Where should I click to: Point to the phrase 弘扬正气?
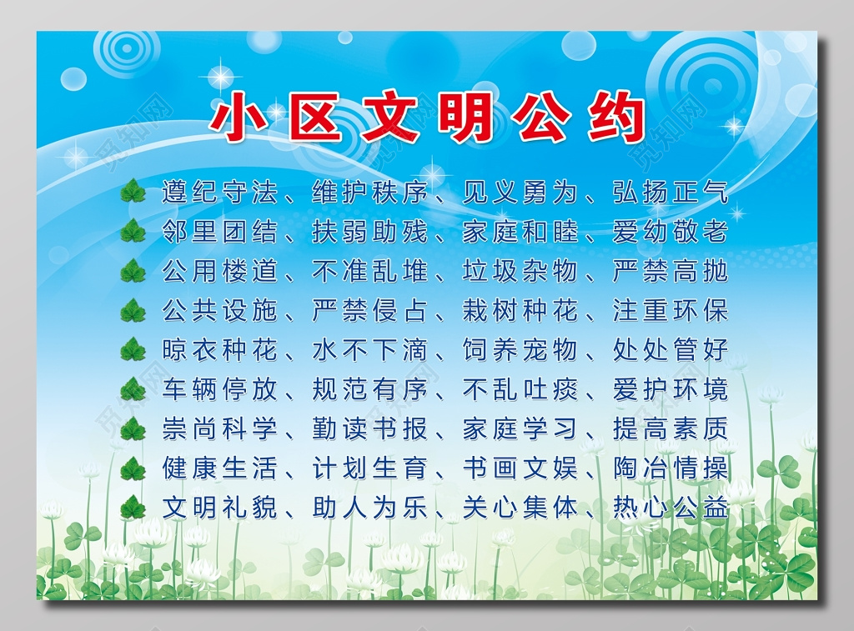(x=671, y=193)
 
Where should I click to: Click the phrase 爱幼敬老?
(x=671, y=232)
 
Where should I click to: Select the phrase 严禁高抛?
(x=671, y=271)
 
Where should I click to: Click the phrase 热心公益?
(x=671, y=507)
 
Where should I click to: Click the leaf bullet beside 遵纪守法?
(x=133, y=193)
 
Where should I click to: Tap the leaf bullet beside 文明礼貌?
(x=133, y=507)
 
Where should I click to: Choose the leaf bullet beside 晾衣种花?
(x=133, y=350)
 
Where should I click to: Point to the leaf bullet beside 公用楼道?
(x=133, y=271)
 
